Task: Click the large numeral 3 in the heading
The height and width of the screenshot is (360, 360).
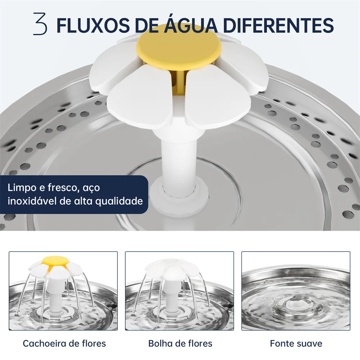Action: click(40, 24)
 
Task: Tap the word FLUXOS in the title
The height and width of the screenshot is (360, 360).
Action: click(93, 25)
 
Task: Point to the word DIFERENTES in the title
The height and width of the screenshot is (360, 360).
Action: click(278, 25)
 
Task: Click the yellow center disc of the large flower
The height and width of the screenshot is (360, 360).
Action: click(179, 47)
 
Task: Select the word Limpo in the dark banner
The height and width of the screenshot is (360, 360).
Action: click(22, 188)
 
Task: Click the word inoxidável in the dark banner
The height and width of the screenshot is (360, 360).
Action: click(32, 201)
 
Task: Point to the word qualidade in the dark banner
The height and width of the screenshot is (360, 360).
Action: click(119, 202)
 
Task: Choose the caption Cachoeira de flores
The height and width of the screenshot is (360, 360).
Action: click(64, 343)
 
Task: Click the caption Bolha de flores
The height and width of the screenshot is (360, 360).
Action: click(180, 343)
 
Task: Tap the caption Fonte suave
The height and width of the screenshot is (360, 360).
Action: click(296, 343)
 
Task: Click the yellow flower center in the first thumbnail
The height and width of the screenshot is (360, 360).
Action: click(55, 260)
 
